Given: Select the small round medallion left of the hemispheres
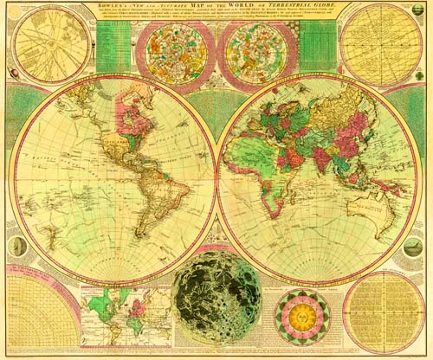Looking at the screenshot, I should pos(16,246).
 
